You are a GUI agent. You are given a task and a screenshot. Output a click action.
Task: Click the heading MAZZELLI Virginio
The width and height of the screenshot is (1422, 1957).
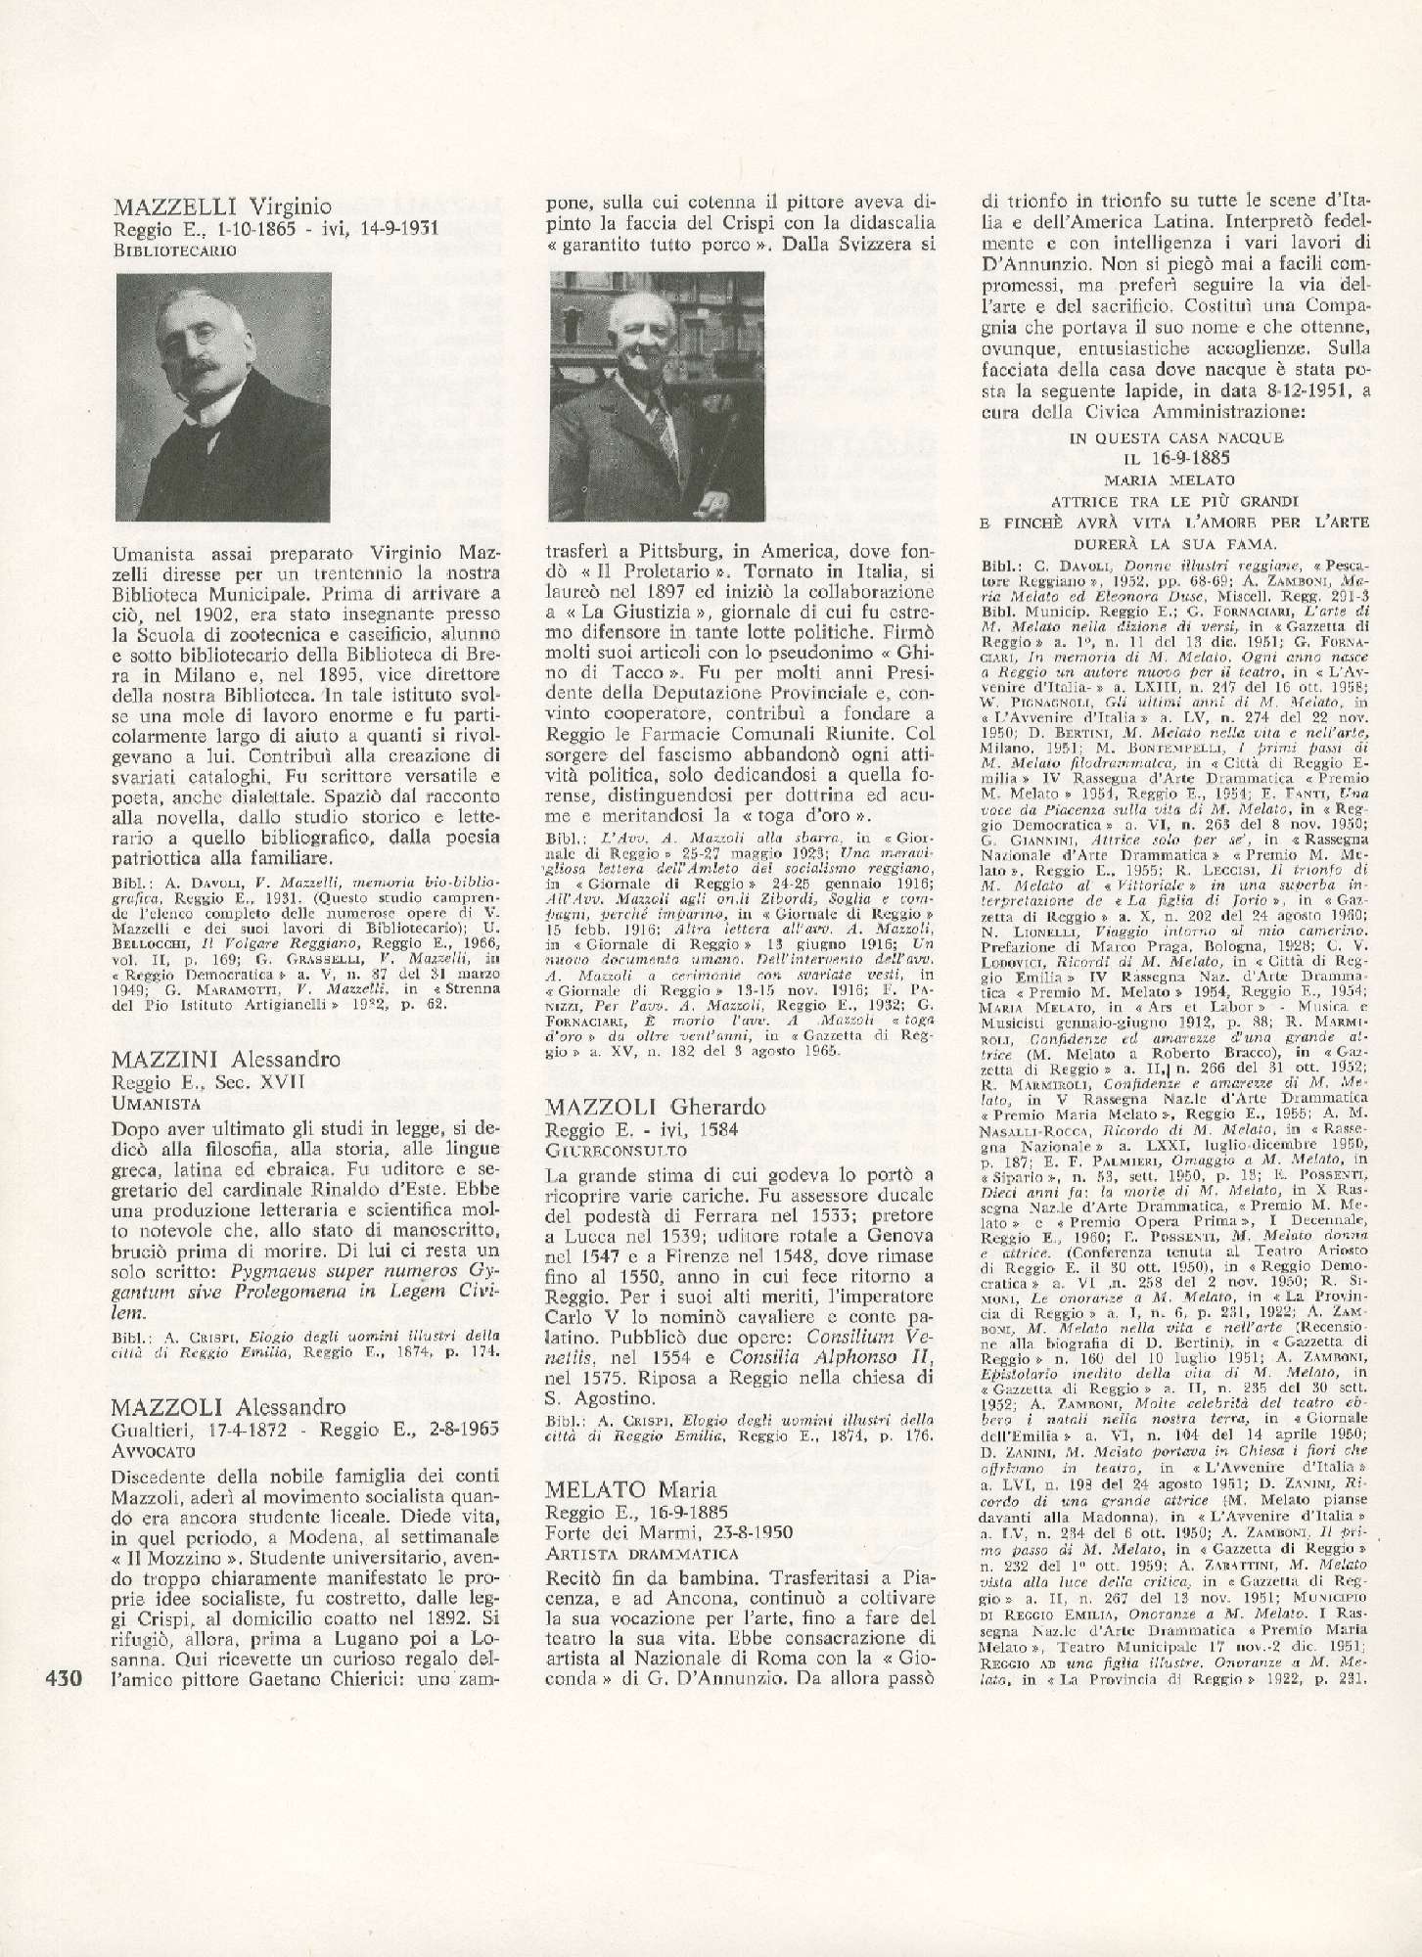222,206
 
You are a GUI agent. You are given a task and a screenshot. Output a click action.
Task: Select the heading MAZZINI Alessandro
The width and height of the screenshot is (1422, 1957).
227,1059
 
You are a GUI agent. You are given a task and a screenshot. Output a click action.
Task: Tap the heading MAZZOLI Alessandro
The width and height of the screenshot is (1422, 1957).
229,1407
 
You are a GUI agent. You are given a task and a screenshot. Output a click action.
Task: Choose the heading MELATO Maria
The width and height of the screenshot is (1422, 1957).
619,1489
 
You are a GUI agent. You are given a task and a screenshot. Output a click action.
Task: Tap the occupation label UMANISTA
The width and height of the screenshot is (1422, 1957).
158,1102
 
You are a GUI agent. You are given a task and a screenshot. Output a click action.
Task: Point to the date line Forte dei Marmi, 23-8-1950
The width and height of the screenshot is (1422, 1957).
651,1532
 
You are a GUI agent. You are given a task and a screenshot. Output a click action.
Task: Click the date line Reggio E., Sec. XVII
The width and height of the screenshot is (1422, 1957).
210,1081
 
